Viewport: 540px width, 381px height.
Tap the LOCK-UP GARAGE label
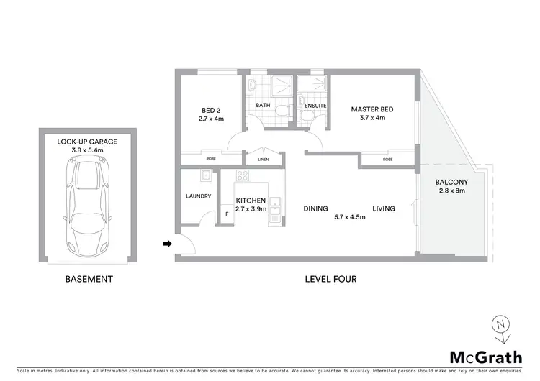point(87,142)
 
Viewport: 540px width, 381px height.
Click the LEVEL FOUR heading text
point(330,279)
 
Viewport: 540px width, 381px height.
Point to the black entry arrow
point(167,244)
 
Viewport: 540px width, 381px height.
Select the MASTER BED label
point(372,109)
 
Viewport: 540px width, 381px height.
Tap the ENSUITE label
point(315,106)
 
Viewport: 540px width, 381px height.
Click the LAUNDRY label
point(197,195)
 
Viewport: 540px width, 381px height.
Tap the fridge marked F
point(227,214)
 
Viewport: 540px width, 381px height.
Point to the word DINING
point(315,209)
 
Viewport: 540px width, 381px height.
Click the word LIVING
point(384,209)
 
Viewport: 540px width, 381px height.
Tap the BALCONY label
point(451,183)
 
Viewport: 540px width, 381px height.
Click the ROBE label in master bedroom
point(387,159)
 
